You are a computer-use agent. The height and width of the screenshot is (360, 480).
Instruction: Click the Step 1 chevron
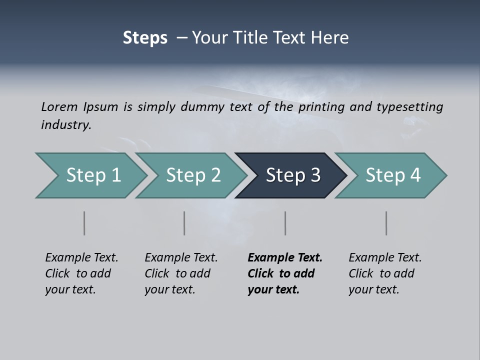click(x=93, y=175)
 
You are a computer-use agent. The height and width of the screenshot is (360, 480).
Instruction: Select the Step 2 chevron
click(x=193, y=175)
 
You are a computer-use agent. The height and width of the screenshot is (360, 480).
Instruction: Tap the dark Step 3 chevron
click(x=292, y=175)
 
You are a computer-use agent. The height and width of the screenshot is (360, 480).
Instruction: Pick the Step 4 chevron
click(x=392, y=175)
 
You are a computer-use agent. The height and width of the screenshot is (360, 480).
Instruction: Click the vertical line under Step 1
click(x=84, y=223)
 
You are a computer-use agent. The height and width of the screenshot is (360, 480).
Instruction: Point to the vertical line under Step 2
click(x=184, y=223)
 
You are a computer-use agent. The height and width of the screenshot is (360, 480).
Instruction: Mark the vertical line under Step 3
click(x=285, y=223)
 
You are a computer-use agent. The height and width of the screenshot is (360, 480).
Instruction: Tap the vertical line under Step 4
click(x=386, y=223)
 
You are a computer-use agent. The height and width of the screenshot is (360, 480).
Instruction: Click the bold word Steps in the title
click(x=145, y=38)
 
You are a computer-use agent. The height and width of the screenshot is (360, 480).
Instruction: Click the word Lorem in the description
click(x=59, y=107)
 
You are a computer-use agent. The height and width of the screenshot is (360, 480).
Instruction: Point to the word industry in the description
click(x=66, y=125)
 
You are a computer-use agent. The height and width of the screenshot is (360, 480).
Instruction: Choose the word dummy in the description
click(x=204, y=107)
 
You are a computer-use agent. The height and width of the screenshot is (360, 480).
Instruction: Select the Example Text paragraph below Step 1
click(x=81, y=273)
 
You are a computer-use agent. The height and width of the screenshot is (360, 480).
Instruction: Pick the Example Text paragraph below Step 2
click(x=181, y=273)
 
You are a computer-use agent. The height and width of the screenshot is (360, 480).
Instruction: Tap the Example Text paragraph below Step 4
click(x=385, y=273)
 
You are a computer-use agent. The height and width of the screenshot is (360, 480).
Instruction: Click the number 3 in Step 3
click(x=315, y=175)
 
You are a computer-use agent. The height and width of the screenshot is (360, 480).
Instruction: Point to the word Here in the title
click(x=330, y=38)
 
